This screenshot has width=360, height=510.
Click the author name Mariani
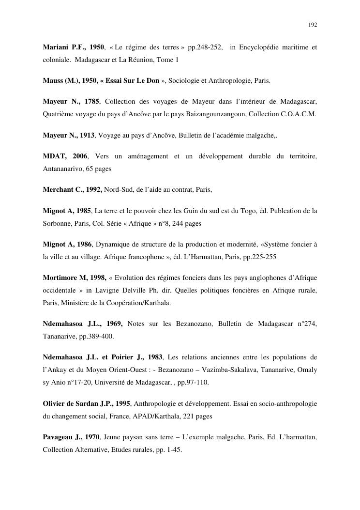coord(56,47)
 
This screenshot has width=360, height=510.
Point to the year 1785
coord(91,101)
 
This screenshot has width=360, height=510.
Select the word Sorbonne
coord(57,224)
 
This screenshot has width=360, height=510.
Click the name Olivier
coord(54,403)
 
